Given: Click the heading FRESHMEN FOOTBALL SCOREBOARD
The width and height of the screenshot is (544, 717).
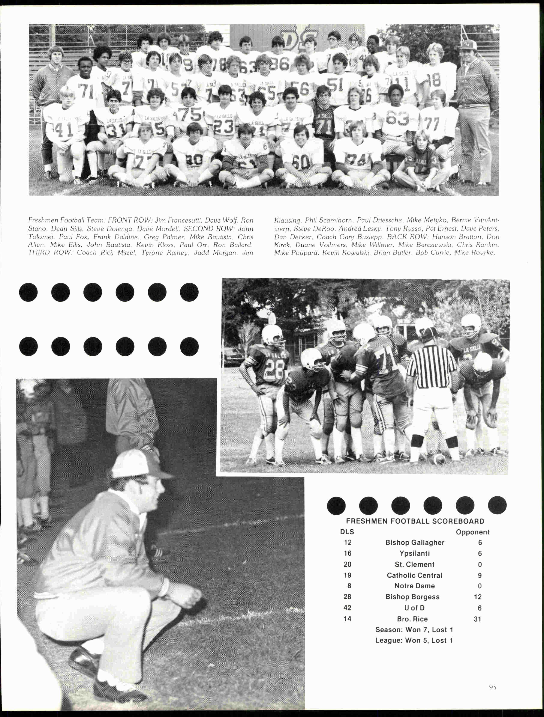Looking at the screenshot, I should click(415, 521).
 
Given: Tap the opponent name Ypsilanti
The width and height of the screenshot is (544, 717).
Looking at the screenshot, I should click(414, 553).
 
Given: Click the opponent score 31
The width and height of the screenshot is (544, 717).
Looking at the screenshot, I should click(477, 619).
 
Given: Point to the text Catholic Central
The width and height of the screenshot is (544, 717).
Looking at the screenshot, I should click(414, 575).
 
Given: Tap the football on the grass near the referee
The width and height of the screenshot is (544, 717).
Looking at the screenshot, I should click(439, 458).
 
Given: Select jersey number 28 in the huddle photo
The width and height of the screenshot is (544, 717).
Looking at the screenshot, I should click(274, 369).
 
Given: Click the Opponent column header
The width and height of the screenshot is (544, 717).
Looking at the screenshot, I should click(472, 532).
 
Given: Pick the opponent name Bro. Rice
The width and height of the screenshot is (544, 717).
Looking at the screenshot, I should click(412, 619).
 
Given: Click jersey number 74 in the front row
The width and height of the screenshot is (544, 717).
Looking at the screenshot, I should click(357, 160).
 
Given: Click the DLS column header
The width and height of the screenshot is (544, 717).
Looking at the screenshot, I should click(347, 532).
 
